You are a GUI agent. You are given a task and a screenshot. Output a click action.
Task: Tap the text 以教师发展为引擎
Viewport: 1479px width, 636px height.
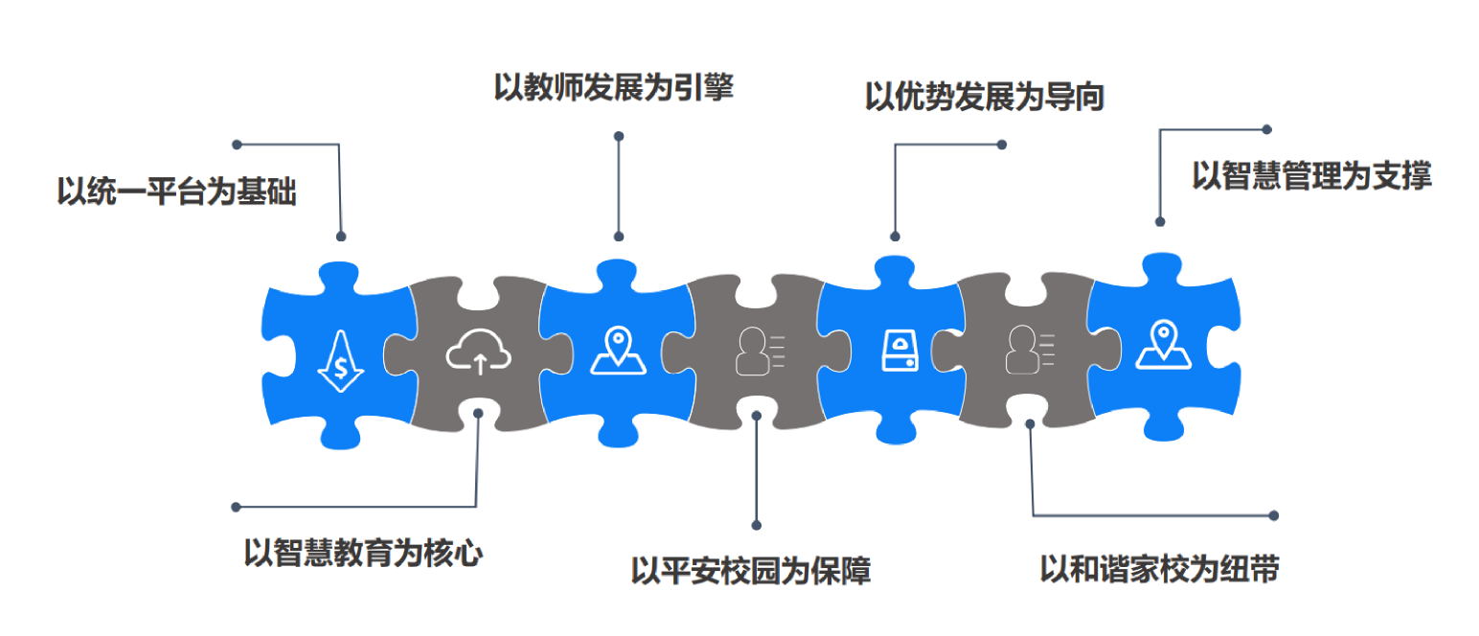point(613,87)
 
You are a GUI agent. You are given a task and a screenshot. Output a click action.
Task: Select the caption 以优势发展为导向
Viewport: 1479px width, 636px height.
point(984,98)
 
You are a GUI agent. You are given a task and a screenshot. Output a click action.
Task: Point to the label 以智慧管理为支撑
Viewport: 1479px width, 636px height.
point(1310,176)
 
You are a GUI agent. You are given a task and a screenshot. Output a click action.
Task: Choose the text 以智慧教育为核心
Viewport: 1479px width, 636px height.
point(362,552)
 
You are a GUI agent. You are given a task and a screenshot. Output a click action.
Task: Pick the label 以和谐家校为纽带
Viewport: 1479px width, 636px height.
point(1159,568)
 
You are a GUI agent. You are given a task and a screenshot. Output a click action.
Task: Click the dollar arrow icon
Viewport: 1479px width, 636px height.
point(341,361)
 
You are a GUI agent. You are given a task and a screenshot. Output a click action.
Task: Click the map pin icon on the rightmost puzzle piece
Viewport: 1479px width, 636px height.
point(1163,346)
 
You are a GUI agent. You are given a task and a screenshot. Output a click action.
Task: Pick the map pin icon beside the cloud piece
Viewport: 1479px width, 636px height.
point(618,351)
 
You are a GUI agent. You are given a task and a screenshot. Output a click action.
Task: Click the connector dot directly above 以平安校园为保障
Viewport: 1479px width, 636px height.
point(756,525)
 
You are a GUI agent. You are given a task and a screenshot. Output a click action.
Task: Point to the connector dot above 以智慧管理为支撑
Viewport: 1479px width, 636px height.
point(1266,128)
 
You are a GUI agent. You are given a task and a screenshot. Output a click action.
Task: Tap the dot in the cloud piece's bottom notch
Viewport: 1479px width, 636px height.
point(477,414)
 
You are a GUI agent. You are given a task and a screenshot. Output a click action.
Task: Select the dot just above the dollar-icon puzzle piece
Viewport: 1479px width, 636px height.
point(341,236)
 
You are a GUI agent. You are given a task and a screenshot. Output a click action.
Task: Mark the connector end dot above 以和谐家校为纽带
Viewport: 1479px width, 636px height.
point(1273,515)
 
